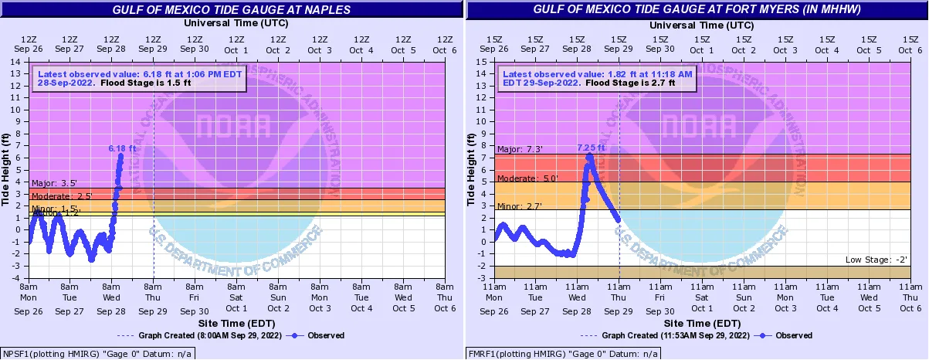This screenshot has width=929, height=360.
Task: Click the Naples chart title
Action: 231,10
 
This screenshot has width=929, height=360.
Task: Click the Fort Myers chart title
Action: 697,10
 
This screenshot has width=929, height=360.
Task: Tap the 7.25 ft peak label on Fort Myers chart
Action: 592,147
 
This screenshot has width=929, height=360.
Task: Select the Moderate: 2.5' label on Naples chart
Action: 62,196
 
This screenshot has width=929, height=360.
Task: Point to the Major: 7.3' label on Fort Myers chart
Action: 519,150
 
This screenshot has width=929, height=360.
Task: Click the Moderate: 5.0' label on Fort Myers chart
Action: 527,178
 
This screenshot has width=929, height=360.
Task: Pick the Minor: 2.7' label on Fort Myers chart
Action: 519,206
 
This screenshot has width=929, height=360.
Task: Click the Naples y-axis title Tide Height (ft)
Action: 7,169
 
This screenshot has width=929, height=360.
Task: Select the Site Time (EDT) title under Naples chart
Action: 232,322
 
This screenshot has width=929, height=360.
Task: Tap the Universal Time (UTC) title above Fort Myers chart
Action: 697,23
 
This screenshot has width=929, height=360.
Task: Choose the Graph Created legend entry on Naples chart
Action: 197,335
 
